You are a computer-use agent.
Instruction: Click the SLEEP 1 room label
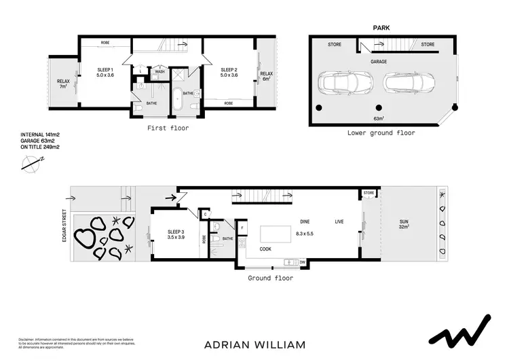coord(105,72)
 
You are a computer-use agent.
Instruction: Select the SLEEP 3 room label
coord(176,235)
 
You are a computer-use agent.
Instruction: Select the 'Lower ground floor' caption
coord(381,133)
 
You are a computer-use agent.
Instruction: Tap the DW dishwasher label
coord(303,262)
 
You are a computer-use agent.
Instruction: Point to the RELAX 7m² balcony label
coord(63,84)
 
